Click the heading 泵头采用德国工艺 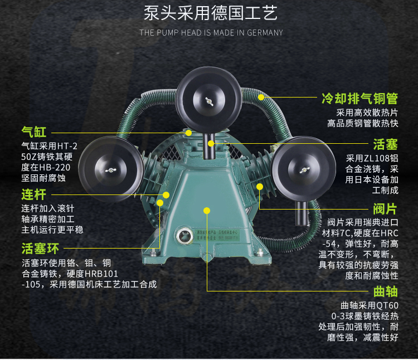(210, 13)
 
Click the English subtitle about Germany (211, 32)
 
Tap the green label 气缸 (33, 132)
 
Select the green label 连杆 (33, 194)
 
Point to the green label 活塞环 (40, 249)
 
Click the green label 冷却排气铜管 (359, 99)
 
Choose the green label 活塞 (385, 144)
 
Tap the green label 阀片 (385, 209)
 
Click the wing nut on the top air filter (209, 101)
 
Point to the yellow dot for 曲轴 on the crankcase (207, 210)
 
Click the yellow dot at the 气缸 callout (189, 133)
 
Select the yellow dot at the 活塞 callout (211, 144)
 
